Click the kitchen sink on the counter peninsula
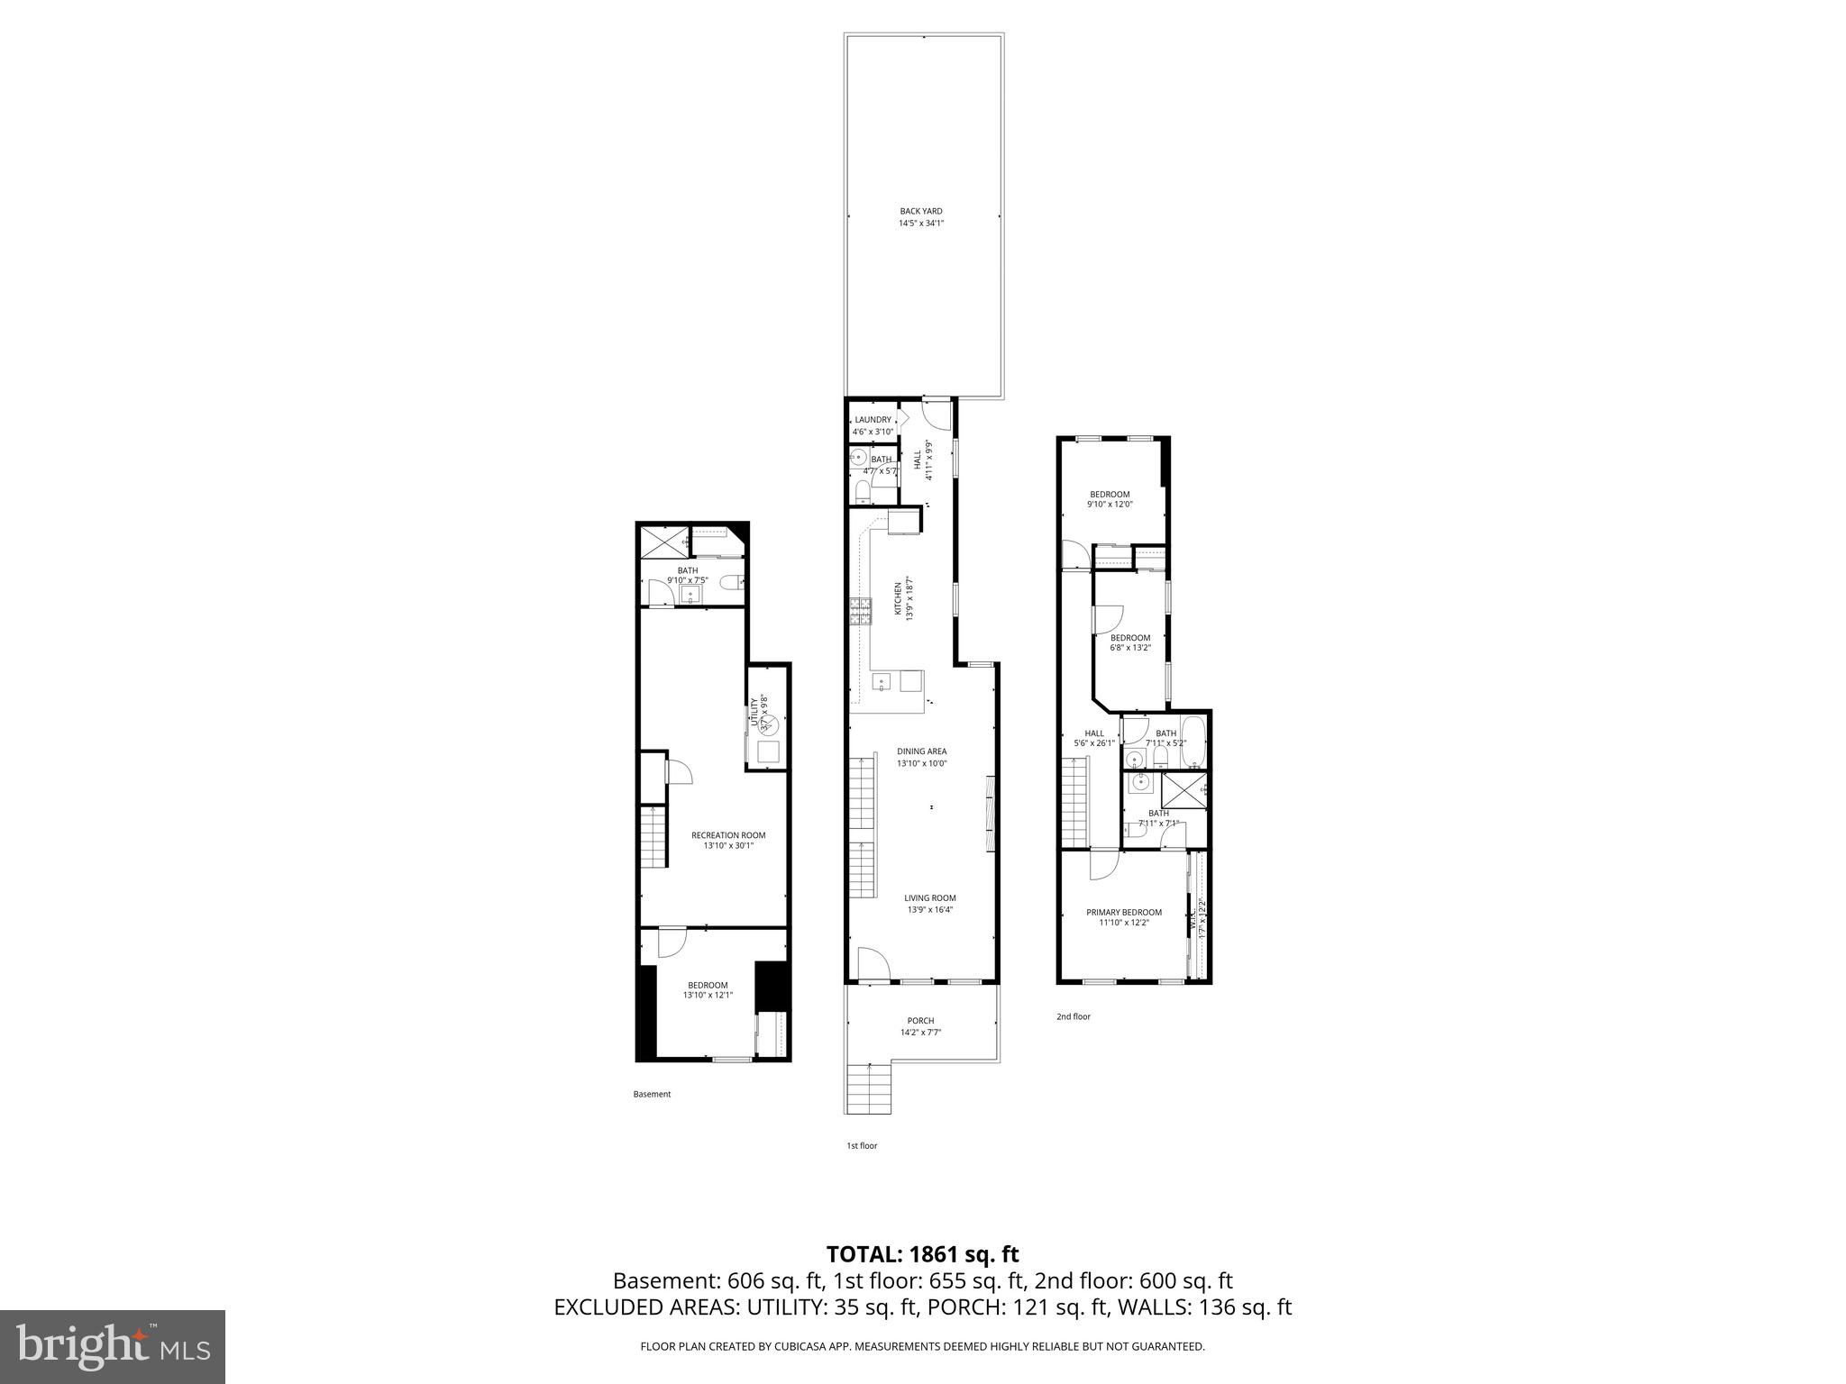coord(882,682)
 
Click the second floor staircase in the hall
coord(1076,803)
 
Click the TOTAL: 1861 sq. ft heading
coord(921,1253)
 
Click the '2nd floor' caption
coord(1073,1016)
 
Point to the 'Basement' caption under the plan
coord(652,1094)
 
